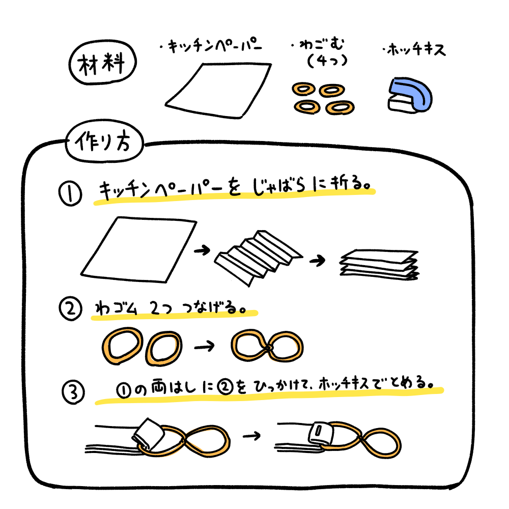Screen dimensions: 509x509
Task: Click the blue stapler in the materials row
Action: pyautogui.click(x=410, y=96)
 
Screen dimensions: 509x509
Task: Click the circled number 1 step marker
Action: pyautogui.click(x=70, y=193)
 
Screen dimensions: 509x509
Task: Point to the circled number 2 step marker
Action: pyautogui.click(x=70, y=308)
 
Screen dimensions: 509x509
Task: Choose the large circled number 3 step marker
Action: pyautogui.click(x=73, y=392)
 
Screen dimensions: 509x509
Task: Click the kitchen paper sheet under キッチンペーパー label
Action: pyautogui.click(x=218, y=91)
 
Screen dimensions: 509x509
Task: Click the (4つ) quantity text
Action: pyautogui.click(x=327, y=61)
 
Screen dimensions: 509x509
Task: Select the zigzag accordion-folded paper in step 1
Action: pyautogui.click(x=258, y=257)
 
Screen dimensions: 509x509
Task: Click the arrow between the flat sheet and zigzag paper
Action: pyautogui.click(x=202, y=250)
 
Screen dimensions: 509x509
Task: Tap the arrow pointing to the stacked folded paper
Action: pyautogui.click(x=317, y=260)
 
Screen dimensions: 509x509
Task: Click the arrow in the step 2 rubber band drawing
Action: pyautogui.click(x=205, y=346)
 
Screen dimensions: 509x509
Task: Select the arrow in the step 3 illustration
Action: pyautogui.click(x=252, y=436)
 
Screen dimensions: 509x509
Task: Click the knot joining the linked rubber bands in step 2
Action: pyautogui.click(x=269, y=348)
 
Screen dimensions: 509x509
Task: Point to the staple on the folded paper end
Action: pyautogui.click(x=319, y=431)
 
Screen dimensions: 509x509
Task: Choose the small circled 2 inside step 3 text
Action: pyautogui.click(x=225, y=387)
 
